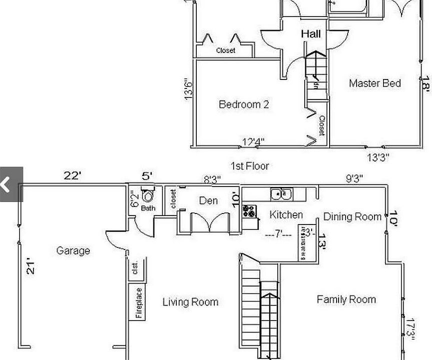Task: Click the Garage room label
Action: [x=73, y=250]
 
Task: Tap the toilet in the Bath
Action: [x=148, y=195]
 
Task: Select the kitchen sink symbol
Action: [x=281, y=193]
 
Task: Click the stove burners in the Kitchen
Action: [x=249, y=210]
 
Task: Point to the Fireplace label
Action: [x=139, y=302]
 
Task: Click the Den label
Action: [x=208, y=200]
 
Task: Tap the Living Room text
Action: [x=190, y=302]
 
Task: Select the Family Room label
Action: [x=346, y=299]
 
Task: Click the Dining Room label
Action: [x=352, y=216]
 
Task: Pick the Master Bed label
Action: [x=375, y=83]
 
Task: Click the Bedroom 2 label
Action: [x=244, y=104]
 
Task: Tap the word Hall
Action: [x=311, y=34]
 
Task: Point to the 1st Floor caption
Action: [x=250, y=165]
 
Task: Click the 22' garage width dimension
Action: [x=72, y=175]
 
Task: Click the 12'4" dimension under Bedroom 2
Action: [x=253, y=142]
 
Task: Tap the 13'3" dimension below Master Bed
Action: [x=378, y=157]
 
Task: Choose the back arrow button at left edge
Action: [x=6, y=184]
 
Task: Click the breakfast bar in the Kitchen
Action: [x=303, y=242]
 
